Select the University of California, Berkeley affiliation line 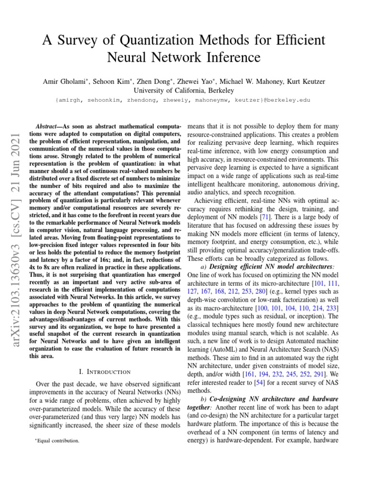coord(184,91)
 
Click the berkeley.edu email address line coord(184,100)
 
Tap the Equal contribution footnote coord(57,440)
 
